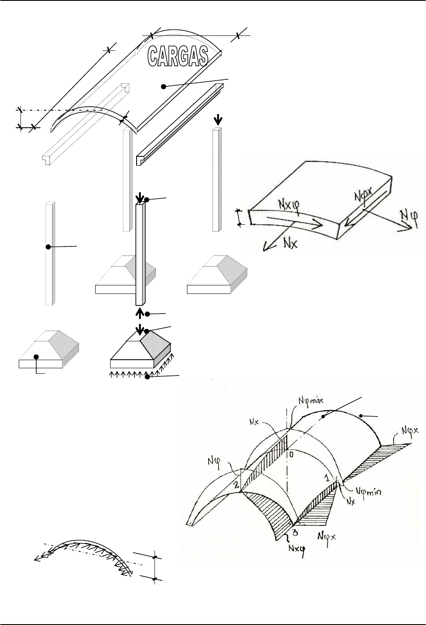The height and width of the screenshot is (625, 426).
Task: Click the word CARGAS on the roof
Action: (178, 56)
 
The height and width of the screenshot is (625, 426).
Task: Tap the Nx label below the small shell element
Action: (291, 244)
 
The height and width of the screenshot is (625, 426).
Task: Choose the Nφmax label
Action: (311, 401)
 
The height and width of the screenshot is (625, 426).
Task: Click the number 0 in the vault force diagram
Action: (292, 455)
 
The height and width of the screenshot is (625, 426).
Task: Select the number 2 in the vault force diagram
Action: (236, 485)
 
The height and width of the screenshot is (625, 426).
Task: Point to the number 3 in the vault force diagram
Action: (295, 533)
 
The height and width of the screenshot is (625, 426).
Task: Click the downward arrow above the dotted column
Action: (218, 120)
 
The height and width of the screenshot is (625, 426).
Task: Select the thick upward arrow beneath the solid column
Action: (140, 313)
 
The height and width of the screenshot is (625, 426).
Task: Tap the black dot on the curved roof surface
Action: (163, 87)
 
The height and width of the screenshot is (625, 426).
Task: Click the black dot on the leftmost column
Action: (48, 247)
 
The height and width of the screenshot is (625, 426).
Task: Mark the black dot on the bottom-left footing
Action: (36, 357)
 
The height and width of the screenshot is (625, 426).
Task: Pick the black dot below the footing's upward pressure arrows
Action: (148, 377)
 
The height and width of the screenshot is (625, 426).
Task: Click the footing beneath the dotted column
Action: (217, 275)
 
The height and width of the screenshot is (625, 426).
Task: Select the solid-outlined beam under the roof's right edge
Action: (180, 124)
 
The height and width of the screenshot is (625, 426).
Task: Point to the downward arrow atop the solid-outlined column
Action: (140, 197)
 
